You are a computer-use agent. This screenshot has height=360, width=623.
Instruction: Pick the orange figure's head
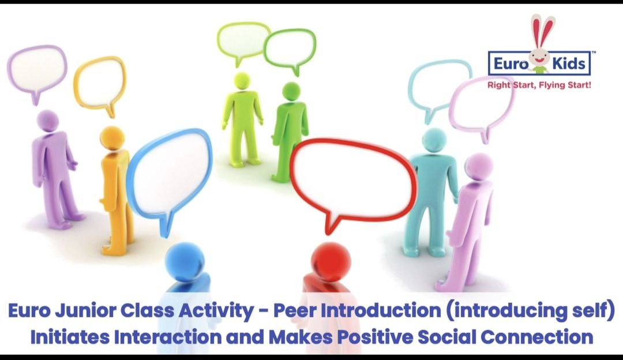[x=112, y=137]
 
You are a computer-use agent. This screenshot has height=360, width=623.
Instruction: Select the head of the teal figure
[x=434, y=140]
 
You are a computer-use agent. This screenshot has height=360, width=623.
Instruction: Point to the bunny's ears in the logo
[x=542, y=30]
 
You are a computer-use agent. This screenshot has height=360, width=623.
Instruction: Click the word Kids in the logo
[x=569, y=63]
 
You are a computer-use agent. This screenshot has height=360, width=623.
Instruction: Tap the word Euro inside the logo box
[x=511, y=63]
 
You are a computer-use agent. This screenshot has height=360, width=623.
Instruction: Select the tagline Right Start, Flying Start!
[x=539, y=85]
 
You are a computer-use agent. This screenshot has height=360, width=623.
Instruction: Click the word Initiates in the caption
[x=70, y=337]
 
